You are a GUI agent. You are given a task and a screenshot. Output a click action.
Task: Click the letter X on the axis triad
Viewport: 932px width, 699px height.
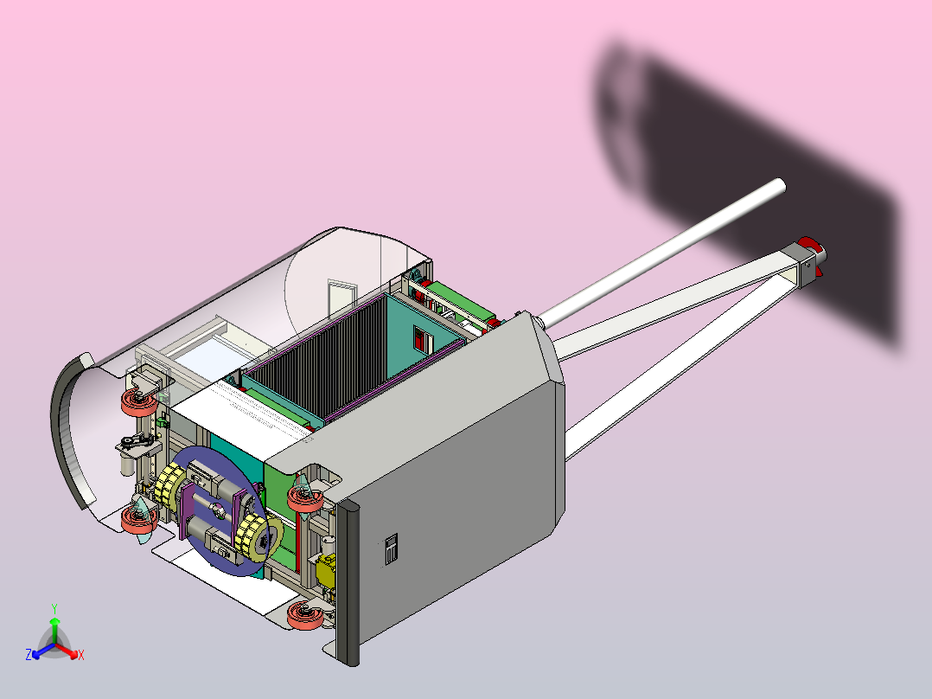click(81, 655)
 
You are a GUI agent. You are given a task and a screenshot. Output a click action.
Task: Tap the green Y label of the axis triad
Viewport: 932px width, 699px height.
click(54, 608)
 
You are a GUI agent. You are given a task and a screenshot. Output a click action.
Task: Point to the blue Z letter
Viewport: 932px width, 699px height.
click(28, 654)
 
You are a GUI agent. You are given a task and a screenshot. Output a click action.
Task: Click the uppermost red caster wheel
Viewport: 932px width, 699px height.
click(140, 402)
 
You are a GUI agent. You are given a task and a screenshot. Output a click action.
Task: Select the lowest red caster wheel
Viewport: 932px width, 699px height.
click(305, 616)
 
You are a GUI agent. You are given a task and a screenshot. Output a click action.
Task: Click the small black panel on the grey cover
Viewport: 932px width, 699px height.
click(391, 548)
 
